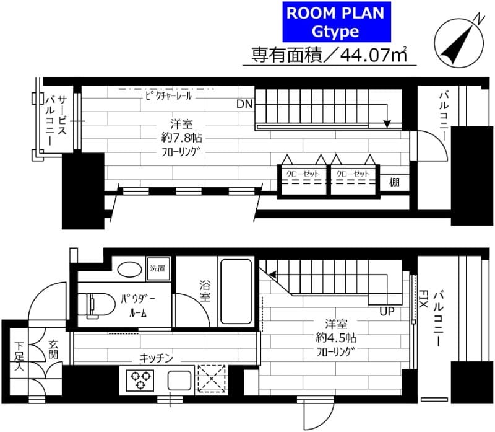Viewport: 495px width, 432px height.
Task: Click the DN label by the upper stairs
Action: click(x=244, y=104)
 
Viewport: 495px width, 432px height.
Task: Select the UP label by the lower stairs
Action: click(x=387, y=311)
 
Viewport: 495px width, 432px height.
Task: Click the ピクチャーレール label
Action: click(x=169, y=97)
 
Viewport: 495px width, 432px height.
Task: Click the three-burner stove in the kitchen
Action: click(x=140, y=379)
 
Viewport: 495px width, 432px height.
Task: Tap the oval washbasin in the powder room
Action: click(x=129, y=269)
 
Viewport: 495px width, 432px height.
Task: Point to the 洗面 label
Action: click(x=157, y=268)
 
